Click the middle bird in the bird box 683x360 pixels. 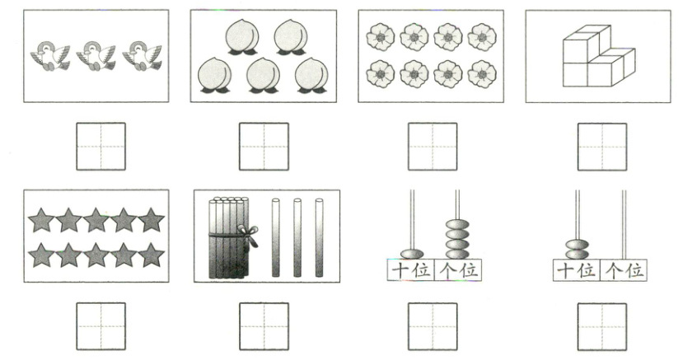[x=96, y=56]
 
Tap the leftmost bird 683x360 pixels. [x=50, y=56]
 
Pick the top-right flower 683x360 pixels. [x=482, y=37]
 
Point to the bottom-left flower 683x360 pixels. [x=381, y=74]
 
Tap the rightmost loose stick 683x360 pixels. [x=320, y=238]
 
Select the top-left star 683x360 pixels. [x=41, y=220]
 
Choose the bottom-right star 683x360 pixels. [x=151, y=255]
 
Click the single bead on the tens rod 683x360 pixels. [x=412, y=254]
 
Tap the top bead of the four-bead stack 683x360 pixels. [x=457, y=225]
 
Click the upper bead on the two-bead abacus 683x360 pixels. [x=578, y=245]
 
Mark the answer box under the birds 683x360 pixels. [x=101, y=147]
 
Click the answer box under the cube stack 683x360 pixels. [x=602, y=147]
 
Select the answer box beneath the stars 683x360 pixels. [x=101, y=326]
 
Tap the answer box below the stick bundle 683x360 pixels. [x=264, y=326]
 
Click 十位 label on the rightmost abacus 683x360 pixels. [x=576, y=270]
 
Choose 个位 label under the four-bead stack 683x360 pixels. [x=458, y=270]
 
